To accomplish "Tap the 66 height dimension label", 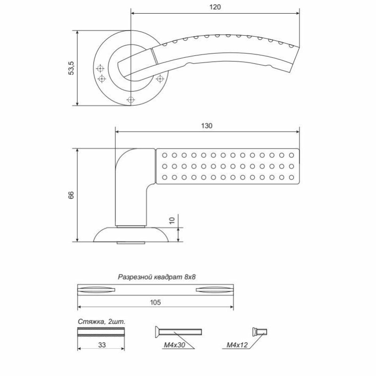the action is [x=71, y=195].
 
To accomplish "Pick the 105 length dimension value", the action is [x=156, y=303].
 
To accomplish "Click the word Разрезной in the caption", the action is [x=135, y=278].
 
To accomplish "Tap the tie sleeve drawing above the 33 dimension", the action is [x=101, y=331].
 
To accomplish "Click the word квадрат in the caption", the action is [x=167, y=278].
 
